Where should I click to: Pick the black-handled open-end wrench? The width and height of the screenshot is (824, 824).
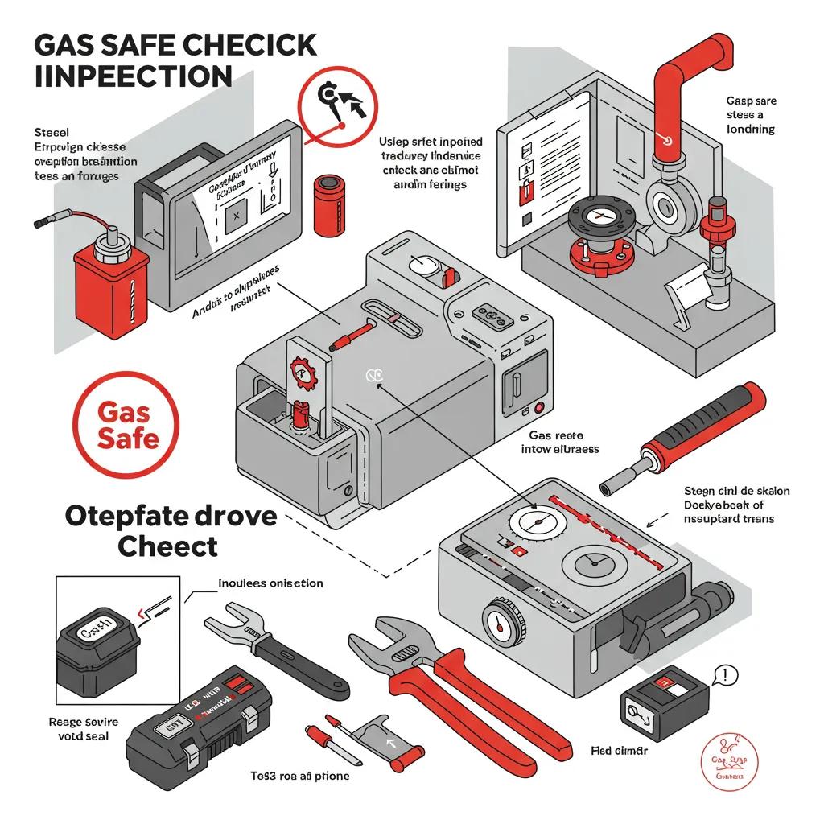[274, 653]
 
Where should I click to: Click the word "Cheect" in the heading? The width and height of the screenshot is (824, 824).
[167, 546]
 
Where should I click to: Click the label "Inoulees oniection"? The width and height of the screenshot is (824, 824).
[270, 583]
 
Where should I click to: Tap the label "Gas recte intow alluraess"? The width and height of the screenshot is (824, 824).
[563, 442]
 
